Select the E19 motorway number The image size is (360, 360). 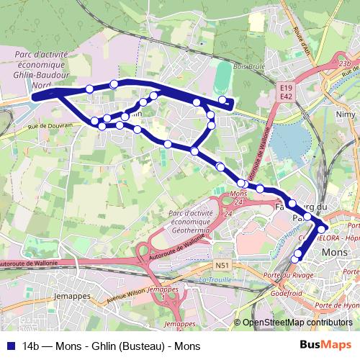point(287,86)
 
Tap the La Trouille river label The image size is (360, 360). point(214,279)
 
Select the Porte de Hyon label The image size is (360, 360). point(341,305)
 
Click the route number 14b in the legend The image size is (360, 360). point(33,346)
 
